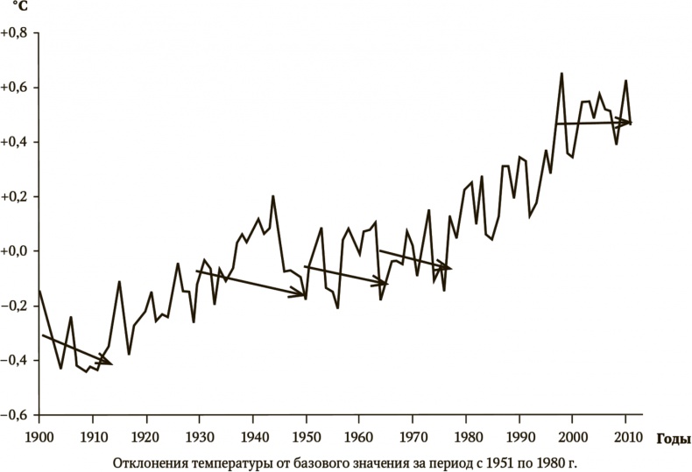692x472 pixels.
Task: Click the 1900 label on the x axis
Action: pyautogui.click(x=39, y=436)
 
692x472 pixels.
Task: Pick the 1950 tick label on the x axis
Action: pyautogui.click(x=306, y=436)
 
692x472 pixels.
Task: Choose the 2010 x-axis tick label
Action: pyautogui.click(x=626, y=436)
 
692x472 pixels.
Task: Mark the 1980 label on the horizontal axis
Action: pyautogui.click(x=466, y=436)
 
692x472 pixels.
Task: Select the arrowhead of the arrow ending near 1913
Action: pyautogui.click(x=109, y=361)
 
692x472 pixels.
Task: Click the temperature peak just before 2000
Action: pyautogui.click(x=561, y=74)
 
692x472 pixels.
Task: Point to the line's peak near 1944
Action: pyautogui.click(x=273, y=196)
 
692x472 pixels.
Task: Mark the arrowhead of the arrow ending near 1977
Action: pyautogui.click(x=448, y=267)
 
